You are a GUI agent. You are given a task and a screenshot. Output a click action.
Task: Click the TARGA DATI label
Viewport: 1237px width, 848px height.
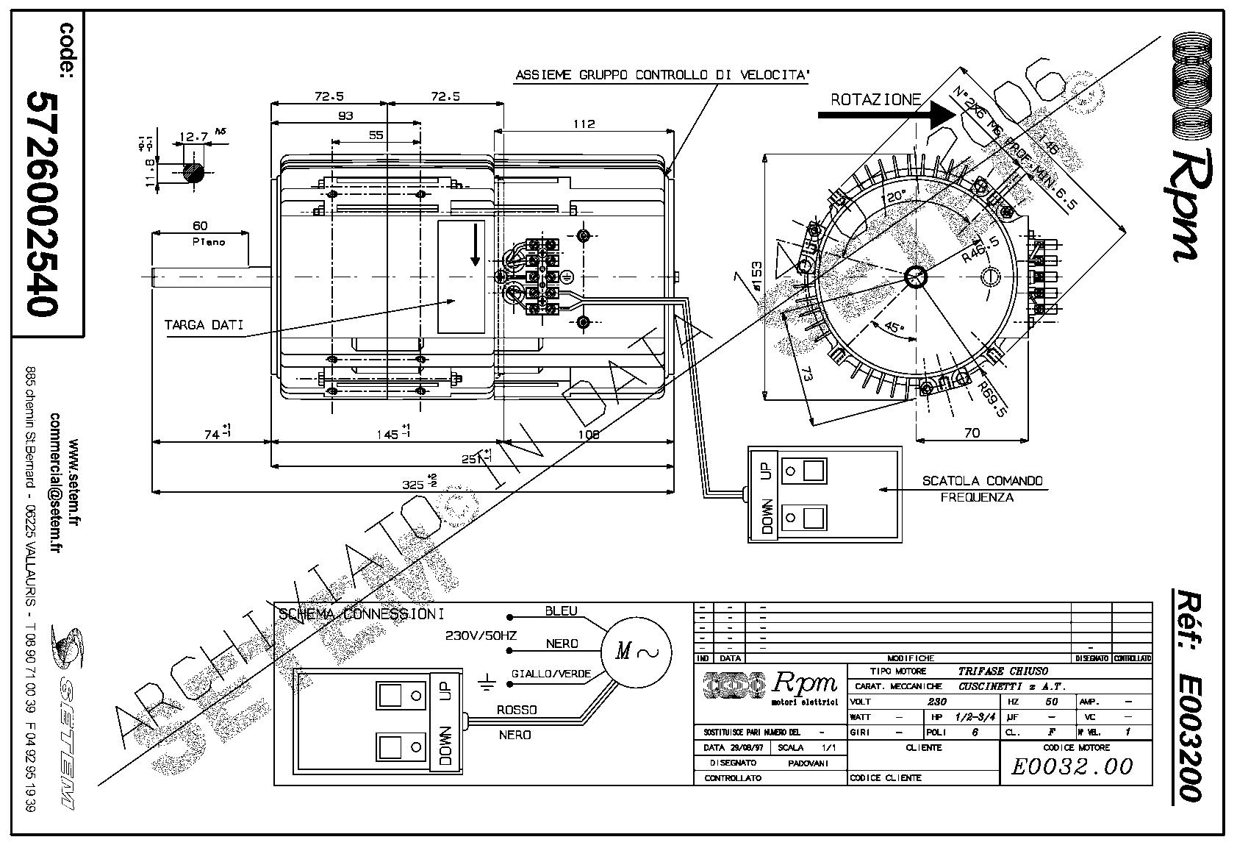point(204,324)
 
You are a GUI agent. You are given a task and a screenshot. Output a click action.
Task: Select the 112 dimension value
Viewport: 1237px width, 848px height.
point(584,124)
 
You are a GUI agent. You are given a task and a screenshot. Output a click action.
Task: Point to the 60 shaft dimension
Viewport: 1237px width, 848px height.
point(200,226)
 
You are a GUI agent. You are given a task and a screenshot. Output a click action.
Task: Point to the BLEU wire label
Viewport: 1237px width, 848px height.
point(561,611)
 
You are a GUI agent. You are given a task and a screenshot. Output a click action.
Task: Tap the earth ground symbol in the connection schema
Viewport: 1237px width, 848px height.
point(487,683)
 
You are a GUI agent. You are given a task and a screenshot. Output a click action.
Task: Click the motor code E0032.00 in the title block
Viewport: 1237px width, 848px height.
point(1072,767)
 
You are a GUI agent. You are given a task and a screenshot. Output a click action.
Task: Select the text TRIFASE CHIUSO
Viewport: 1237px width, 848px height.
point(1003,671)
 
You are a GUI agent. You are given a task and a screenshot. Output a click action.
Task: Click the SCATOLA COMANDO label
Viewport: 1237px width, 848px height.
point(982,481)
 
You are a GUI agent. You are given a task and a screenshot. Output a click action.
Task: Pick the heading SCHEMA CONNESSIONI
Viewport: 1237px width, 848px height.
point(361,614)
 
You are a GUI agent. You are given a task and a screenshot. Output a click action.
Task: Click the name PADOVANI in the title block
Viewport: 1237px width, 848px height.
point(808,763)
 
